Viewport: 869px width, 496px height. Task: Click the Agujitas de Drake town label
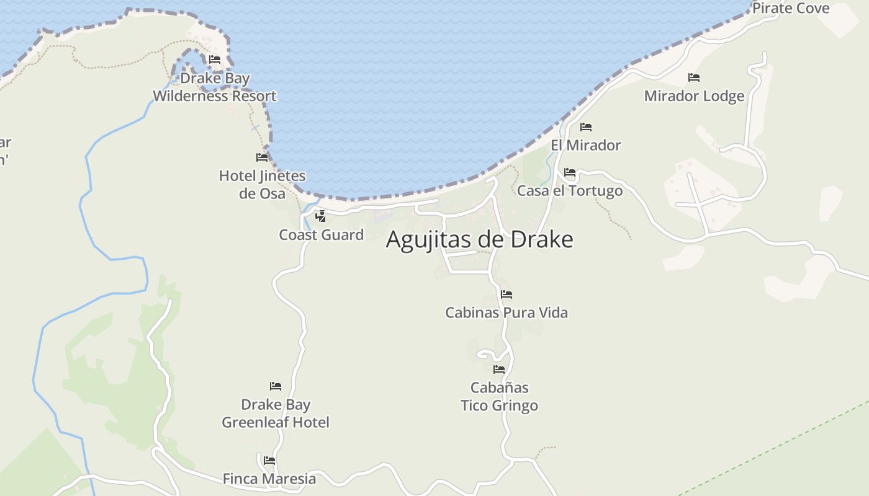479,239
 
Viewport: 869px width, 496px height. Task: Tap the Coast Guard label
321,235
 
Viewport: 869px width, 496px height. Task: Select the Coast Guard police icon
320,216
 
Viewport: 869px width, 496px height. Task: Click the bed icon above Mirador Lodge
694,77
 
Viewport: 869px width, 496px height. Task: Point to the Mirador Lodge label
694,96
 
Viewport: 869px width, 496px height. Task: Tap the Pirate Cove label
790,8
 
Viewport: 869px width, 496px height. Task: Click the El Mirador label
585,145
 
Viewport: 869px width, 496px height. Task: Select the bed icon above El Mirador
585,127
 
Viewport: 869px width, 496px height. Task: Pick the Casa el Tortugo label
569,190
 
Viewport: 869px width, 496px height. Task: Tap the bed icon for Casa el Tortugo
570,172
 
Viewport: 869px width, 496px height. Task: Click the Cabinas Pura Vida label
506,312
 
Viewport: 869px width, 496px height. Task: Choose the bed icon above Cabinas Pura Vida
507,294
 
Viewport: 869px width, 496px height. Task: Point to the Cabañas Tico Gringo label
499,397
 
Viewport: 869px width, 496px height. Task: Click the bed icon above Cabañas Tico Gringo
499,370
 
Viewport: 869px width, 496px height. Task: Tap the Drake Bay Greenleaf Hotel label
276,414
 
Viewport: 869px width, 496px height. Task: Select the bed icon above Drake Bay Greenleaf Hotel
276,386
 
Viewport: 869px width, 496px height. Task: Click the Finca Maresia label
269,479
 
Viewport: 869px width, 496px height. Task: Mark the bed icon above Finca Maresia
269,461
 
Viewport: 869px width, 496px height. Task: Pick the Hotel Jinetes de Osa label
262,185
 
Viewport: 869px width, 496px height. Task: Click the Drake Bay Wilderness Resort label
215,87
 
